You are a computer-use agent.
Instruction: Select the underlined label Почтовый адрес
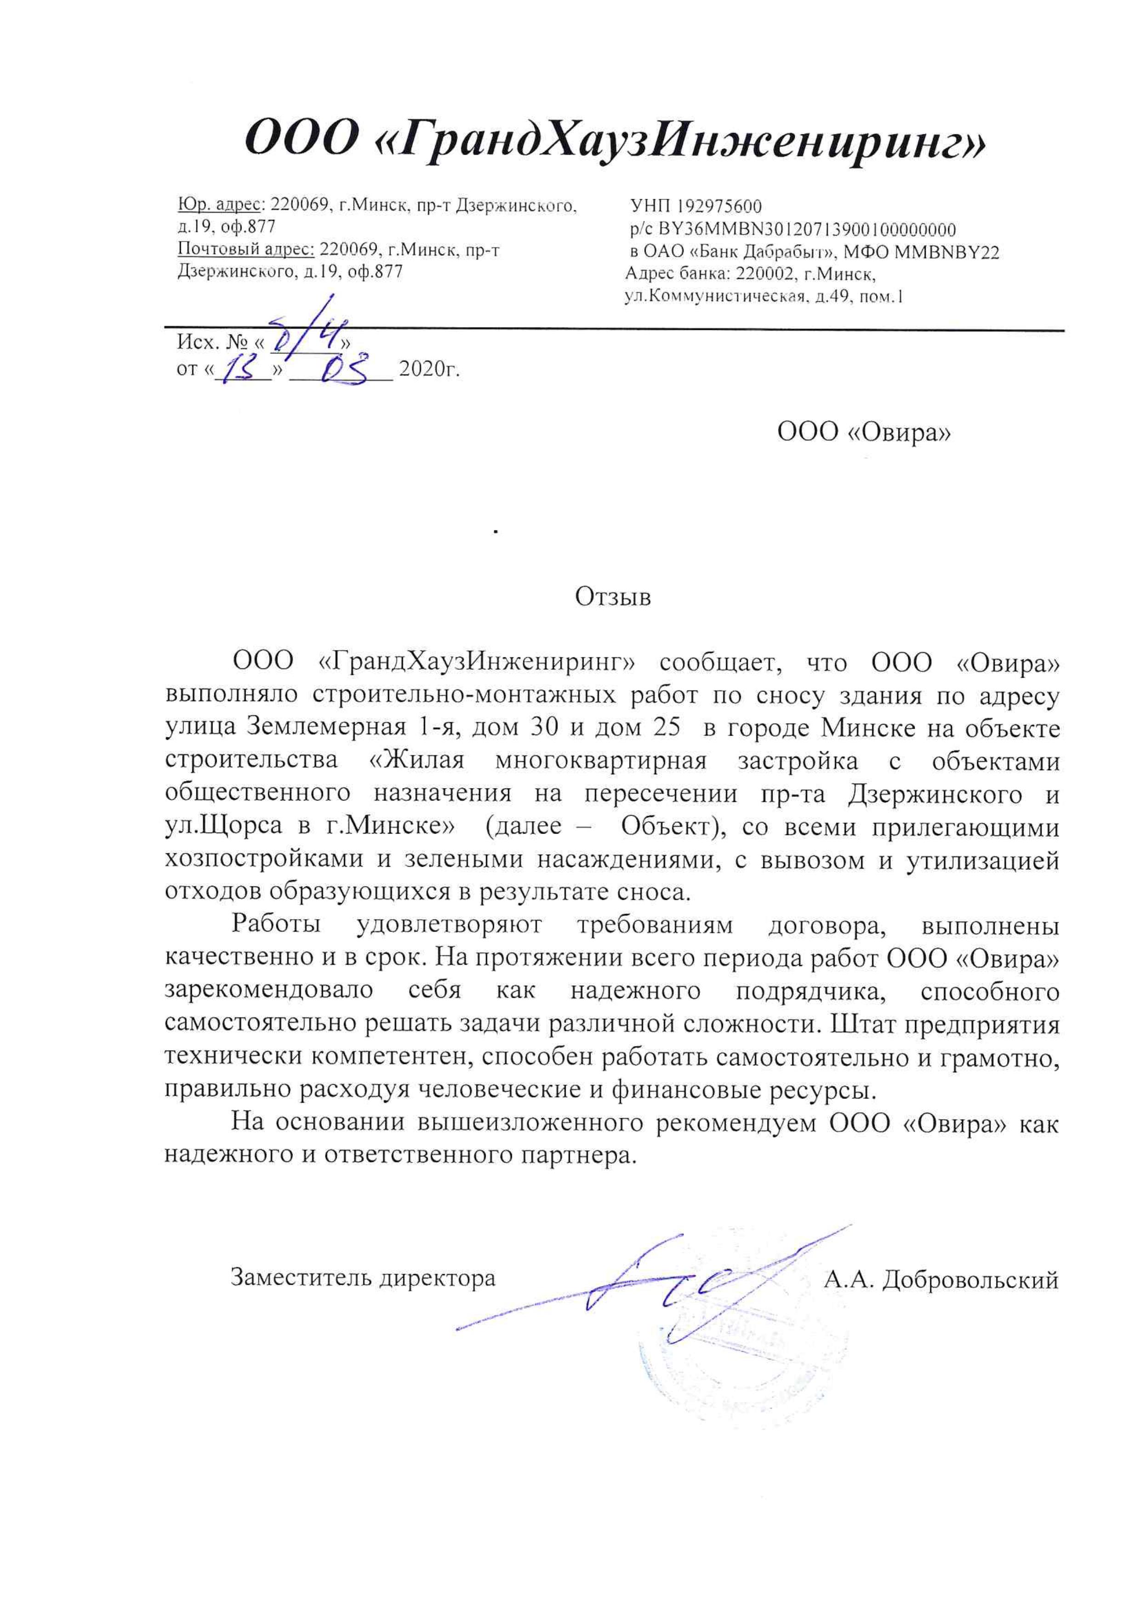point(245,249)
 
